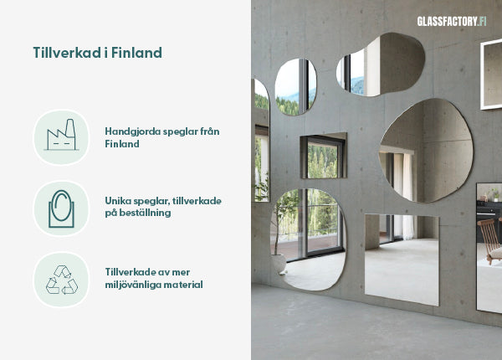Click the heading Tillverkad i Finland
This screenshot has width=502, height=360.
97,53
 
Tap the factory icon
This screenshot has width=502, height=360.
60,135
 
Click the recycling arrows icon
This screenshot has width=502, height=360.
61,280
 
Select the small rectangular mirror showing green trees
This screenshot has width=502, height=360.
323,156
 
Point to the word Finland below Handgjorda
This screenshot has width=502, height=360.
122,144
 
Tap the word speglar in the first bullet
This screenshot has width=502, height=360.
182,131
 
